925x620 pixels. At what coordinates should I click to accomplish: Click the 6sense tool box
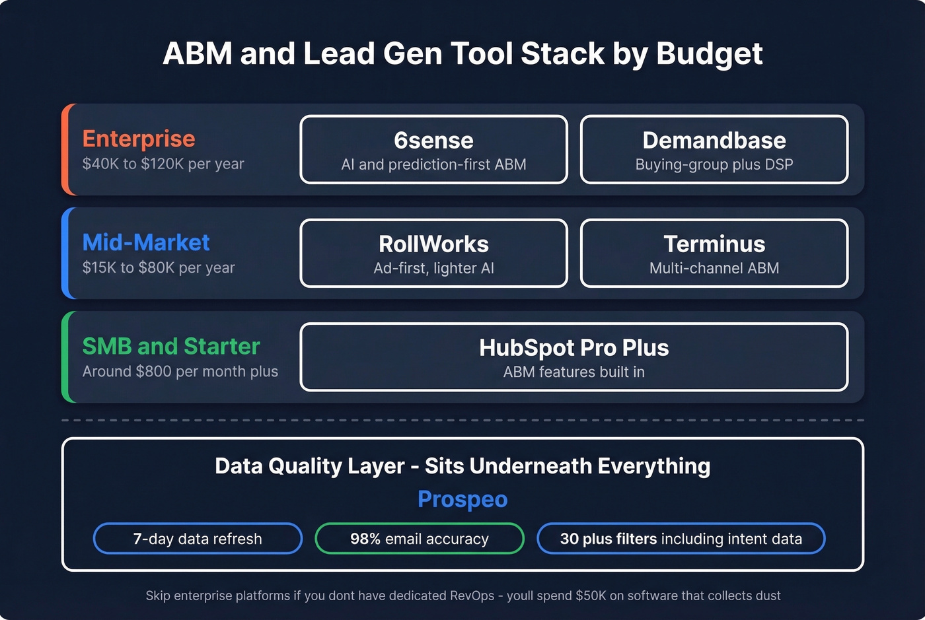point(433,149)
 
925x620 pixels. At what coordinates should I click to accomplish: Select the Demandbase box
point(714,149)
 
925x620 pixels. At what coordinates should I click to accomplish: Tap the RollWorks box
point(433,253)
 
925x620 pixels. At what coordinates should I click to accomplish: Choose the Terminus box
point(714,253)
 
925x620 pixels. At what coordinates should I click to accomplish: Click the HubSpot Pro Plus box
point(573,357)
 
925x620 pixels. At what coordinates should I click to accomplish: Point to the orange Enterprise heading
point(139,139)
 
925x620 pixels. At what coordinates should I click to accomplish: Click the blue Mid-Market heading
point(146,242)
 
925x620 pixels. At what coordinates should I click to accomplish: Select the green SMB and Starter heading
point(171,346)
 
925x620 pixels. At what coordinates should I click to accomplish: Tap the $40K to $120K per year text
point(163,164)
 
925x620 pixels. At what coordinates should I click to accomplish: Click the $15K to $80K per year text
point(159,267)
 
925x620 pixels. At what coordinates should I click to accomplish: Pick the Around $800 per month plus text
point(180,371)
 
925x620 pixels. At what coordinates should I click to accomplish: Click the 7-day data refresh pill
point(198,539)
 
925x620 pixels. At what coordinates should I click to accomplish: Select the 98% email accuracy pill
point(420,539)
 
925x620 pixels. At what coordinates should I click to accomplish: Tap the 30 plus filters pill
point(681,539)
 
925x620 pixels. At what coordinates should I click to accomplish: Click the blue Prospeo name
point(462,499)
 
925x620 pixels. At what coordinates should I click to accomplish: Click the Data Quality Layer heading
point(462,466)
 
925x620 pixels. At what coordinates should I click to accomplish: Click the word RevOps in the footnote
point(472,596)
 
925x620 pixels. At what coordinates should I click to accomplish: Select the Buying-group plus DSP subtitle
point(714,164)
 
